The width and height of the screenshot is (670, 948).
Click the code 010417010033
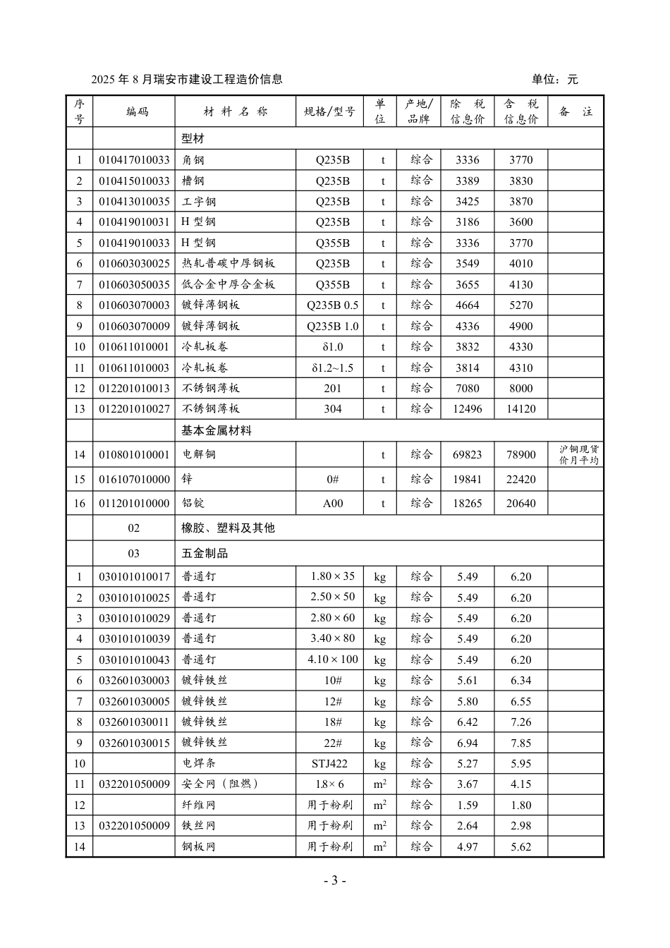(x=134, y=160)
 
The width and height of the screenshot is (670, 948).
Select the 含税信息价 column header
(x=520, y=111)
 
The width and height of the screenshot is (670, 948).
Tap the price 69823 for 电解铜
(x=468, y=455)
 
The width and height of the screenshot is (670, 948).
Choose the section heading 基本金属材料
(x=217, y=430)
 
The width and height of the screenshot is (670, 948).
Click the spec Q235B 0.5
(x=332, y=305)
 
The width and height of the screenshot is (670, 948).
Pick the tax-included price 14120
(x=520, y=409)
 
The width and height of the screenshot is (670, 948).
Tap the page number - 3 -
(x=334, y=880)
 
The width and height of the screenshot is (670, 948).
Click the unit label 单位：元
(x=554, y=80)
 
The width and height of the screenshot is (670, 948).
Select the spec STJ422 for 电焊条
(x=329, y=764)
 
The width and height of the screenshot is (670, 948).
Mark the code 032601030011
(x=134, y=722)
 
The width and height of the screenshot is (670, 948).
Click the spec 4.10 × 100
(x=332, y=660)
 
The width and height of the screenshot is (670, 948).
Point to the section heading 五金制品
(x=205, y=554)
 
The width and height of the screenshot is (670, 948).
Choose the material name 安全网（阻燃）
(x=220, y=784)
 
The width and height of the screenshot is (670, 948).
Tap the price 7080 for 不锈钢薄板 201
(x=468, y=389)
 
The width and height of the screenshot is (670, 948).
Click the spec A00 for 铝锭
(x=332, y=504)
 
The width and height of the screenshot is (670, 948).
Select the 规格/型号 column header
(x=329, y=111)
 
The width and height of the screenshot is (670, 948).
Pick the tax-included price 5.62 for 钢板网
(x=520, y=847)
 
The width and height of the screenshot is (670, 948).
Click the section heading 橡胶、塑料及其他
(x=228, y=528)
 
